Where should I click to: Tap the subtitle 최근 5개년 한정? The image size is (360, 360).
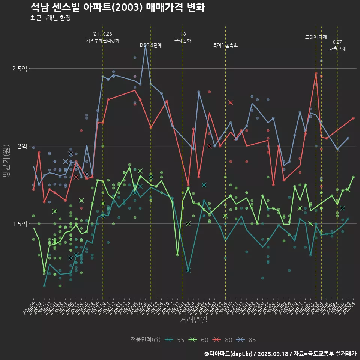coord(51,18)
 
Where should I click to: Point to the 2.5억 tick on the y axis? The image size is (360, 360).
coord(19,69)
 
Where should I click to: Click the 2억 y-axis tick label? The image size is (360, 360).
coord(22,146)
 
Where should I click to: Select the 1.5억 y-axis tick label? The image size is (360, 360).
coord(19,224)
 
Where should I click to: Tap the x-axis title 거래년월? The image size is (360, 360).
coord(193,320)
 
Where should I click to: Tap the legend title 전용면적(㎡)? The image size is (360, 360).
coord(145,340)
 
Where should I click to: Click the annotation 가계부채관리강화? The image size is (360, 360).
coord(103,40)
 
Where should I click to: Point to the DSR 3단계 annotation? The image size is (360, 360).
coord(151,45)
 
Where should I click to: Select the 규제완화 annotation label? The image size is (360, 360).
coord(183,40)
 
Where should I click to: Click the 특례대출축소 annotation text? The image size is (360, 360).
coord(225,45)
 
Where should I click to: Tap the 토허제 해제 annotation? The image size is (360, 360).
coord(316,37)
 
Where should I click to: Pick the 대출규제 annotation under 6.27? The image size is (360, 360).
coord(337,49)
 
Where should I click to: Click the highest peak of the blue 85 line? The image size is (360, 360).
coord(145,45)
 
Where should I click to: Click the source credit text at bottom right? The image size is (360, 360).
coord(280,354)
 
